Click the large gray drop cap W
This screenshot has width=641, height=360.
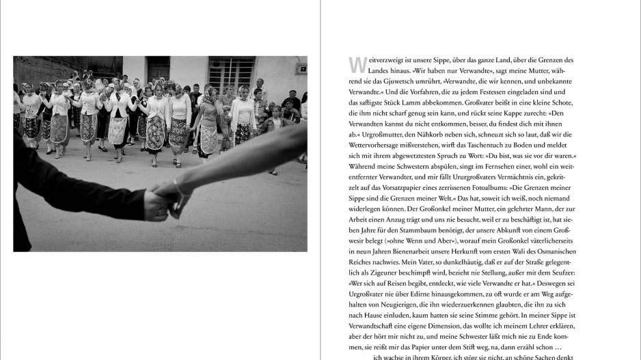355,64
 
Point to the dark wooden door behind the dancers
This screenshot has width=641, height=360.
159,70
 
